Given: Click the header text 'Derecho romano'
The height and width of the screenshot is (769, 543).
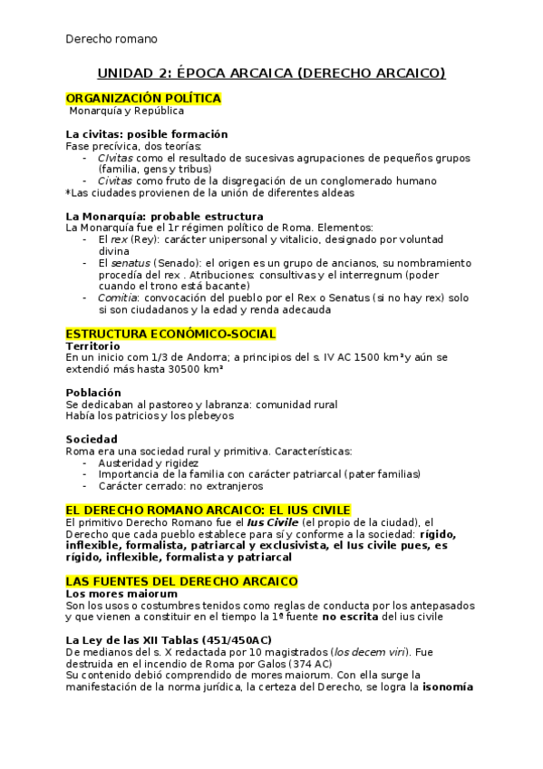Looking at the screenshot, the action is [x=112, y=39].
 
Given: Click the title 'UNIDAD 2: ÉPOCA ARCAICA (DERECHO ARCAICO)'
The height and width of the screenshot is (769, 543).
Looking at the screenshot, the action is [x=271, y=73].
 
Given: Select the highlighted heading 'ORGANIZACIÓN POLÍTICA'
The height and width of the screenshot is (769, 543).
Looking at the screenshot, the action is [x=143, y=98].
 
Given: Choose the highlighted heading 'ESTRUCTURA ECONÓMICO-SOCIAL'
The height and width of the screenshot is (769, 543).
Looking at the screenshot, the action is [x=170, y=335].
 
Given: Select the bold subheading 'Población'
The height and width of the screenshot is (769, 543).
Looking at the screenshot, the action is [x=93, y=393].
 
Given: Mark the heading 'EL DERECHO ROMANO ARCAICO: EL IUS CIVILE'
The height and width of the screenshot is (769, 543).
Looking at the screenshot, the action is [x=208, y=510].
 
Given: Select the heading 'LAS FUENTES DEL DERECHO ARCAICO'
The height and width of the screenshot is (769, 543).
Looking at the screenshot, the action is [x=181, y=580].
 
